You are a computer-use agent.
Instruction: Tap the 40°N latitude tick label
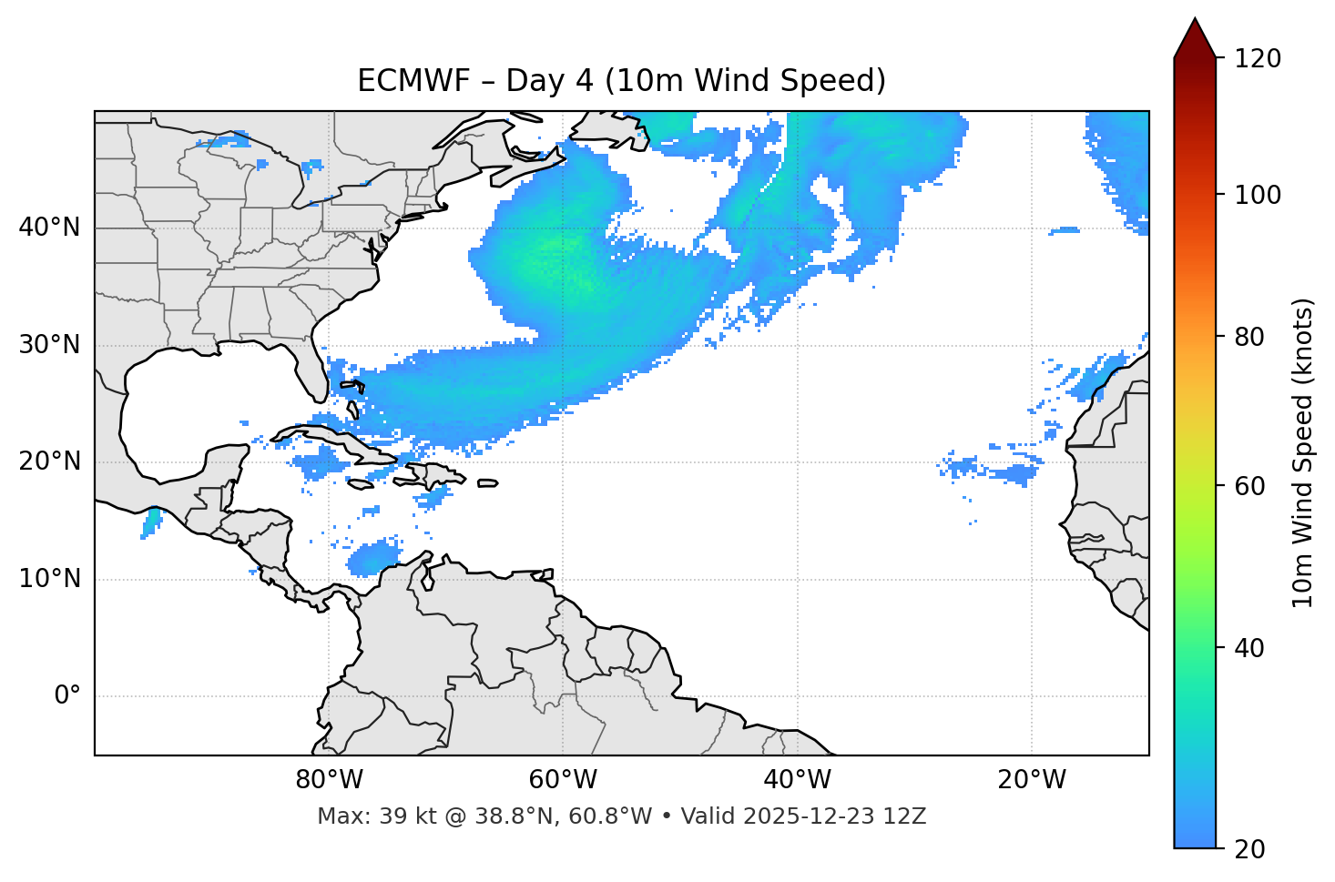[49, 228]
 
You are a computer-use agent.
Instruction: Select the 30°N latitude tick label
[49, 345]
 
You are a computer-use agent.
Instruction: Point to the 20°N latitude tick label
[49, 461]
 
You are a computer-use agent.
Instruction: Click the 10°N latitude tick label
[49, 579]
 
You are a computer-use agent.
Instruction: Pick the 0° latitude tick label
[67, 696]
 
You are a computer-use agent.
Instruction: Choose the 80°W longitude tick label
[329, 780]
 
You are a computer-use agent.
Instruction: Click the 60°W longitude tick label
[563, 780]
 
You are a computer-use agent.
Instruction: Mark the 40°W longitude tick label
[797, 780]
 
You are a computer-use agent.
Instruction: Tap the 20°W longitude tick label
[1031, 780]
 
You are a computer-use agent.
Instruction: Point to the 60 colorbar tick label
[1249, 486]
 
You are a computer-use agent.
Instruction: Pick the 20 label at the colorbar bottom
[1249, 849]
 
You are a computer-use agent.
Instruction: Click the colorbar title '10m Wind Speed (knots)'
[1303, 452]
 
